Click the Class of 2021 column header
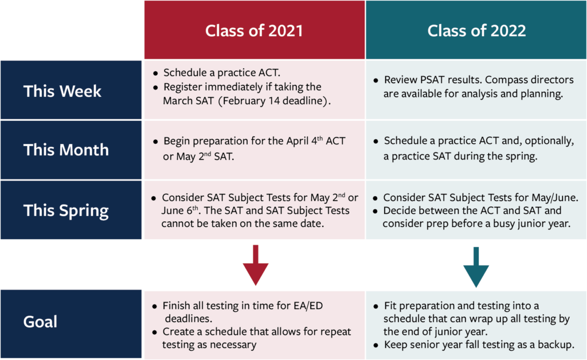(254, 30)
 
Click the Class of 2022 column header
(476, 30)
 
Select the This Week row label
(62, 91)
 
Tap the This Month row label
(66, 150)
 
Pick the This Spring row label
(66, 210)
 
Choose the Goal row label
(40, 322)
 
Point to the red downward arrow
(255, 265)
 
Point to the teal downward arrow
(476, 267)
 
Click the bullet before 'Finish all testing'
(155, 307)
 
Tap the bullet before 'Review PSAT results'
(375, 80)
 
